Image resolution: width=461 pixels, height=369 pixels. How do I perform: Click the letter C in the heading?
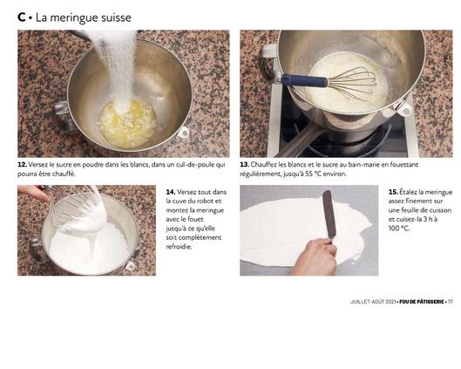pyautogui.click(x=22, y=17)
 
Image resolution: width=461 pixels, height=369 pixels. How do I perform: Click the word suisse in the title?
pyautogui.click(x=116, y=17)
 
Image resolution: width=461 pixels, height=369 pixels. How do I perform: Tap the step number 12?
pyautogui.click(x=23, y=165)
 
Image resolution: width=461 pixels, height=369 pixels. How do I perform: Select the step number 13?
pyautogui.click(x=245, y=165)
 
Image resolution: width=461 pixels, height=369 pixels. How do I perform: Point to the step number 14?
pyautogui.click(x=171, y=192)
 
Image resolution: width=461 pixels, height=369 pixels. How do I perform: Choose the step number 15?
pyautogui.click(x=393, y=192)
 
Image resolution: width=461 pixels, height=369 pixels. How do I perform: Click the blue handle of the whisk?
pyautogui.click(x=304, y=80)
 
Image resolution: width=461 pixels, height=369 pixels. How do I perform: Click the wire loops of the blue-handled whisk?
pyautogui.click(x=351, y=83)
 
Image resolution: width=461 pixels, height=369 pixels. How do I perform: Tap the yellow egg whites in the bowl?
pyautogui.click(x=127, y=124)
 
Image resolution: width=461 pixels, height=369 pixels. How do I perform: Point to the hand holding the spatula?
pyautogui.click(x=316, y=256)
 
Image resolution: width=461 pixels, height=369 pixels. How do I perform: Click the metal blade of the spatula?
pyautogui.click(x=329, y=215)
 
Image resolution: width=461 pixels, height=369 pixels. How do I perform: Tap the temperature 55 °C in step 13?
pyautogui.click(x=313, y=174)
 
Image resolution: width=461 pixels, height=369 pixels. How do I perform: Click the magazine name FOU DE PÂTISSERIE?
pyautogui.click(x=422, y=302)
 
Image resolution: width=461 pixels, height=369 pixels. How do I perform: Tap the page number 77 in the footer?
pyautogui.click(x=451, y=302)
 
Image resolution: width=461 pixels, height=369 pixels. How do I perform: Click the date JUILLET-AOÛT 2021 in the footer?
pyautogui.click(x=372, y=302)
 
